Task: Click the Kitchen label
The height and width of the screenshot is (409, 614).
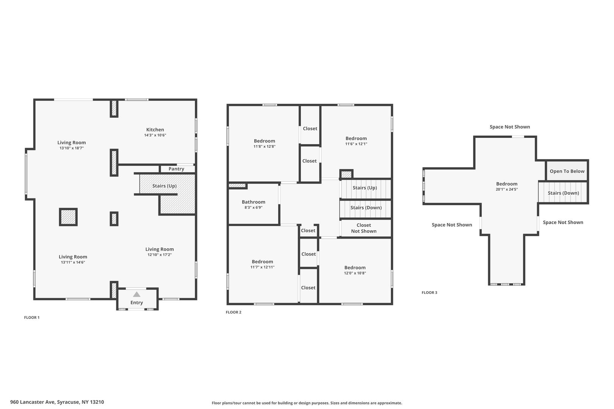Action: tap(155, 130)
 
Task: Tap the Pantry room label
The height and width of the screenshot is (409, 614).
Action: tap(176, 169)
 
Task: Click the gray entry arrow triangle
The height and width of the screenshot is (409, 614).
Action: tap(136, 294)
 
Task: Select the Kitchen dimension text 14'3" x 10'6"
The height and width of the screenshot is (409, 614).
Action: tap(155, 135)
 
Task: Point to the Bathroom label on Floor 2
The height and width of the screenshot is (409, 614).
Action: tap(253, 202)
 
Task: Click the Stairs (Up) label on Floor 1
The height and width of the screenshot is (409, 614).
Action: tap(164, 186)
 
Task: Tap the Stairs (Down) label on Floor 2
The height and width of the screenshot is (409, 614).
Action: tap(366, 208)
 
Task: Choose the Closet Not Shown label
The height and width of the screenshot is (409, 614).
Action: tap(364, 228)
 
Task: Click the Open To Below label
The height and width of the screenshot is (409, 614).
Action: tap(567, 171)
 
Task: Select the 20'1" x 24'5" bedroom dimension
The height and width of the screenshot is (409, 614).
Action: tap(506, 189)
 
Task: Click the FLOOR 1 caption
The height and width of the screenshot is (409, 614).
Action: tap(32, 317)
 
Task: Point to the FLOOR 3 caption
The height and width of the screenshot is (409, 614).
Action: tap(429, 293)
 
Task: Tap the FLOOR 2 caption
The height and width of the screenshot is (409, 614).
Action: tap(233, 312)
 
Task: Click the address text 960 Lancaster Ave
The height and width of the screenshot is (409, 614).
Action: tap(33, 402)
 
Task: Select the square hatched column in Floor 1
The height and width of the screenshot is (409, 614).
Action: tap(68, 217)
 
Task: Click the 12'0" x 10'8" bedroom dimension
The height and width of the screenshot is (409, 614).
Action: tap(355, 273)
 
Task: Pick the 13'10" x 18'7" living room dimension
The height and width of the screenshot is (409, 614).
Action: tap(72, 148)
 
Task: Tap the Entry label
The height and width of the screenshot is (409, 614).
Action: tap(136, 303)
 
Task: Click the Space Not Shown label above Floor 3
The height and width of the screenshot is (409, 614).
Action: tap(510, 127)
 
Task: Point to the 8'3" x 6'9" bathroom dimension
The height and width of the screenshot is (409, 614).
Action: tap(253, 208)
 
